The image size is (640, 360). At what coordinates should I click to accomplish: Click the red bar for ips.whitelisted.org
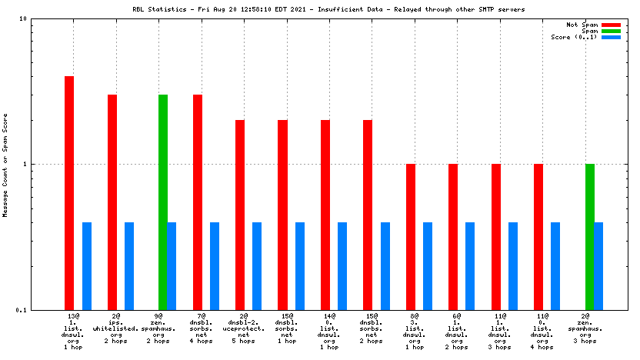(112, 202)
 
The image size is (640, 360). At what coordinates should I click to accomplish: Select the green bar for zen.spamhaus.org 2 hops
(163, 202)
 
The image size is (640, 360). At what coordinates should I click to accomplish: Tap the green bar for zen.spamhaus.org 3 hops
(590, 236)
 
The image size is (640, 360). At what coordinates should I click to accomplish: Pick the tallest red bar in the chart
(69, 192)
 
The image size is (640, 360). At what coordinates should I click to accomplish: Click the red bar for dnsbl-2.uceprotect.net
(240, 215)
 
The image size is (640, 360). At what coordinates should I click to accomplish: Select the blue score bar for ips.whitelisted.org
(129, 265)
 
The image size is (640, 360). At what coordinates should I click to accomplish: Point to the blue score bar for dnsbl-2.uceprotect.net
(257, 265)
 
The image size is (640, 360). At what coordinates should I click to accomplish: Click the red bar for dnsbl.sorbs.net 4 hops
(198, 202)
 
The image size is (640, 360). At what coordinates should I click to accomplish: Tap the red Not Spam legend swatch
(611, 25)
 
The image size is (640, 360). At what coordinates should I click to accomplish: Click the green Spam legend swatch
(611, 31)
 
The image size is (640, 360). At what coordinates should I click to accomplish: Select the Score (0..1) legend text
(574, 37)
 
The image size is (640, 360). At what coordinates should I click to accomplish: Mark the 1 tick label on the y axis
(47, 165)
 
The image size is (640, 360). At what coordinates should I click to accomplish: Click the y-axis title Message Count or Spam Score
(6, 165)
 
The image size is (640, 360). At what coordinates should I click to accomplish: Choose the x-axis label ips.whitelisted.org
(115, 328)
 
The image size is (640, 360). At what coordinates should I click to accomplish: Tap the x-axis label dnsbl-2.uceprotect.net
(243, 328)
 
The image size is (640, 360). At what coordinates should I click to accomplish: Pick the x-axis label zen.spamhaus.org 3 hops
(585, 328)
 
